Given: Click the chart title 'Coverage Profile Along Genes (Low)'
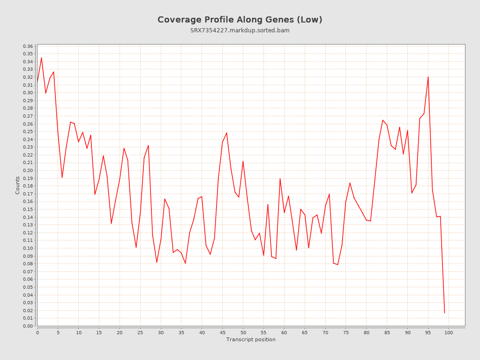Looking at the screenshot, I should (x=240, y=20).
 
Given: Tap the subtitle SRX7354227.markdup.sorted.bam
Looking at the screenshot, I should (x=240, y=30).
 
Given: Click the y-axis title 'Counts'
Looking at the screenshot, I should (x=18, y=185).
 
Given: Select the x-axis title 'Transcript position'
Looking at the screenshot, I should (x=251, y=339).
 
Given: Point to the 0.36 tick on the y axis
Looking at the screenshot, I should (x=28, y=46).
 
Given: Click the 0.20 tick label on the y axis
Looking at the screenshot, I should (x=28, y=171).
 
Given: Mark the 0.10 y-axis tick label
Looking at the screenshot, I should (x=28, y=248).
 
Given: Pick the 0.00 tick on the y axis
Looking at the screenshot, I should (x=28, y=326).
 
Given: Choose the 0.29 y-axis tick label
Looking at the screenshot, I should (x=28, y=100).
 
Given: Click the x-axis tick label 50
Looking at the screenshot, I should (x=243, y=332).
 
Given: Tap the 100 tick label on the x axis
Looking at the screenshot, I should (x=449, y=332).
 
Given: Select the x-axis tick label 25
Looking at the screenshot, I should (x=140, y=332).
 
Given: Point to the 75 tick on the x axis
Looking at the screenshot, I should (x=346, y=332).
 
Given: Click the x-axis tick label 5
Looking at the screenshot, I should (x=58, y=332).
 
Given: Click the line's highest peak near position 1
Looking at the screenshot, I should (x=41, y=58).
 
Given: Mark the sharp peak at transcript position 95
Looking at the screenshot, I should (x=428, y=77).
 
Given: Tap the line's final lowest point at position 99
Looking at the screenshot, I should (x=444, y=313).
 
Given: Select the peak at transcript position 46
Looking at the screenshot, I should (x=226, y=133).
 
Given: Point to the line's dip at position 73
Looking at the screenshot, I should (x=337, y=265).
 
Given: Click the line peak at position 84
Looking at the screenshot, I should (x=382, y=120).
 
